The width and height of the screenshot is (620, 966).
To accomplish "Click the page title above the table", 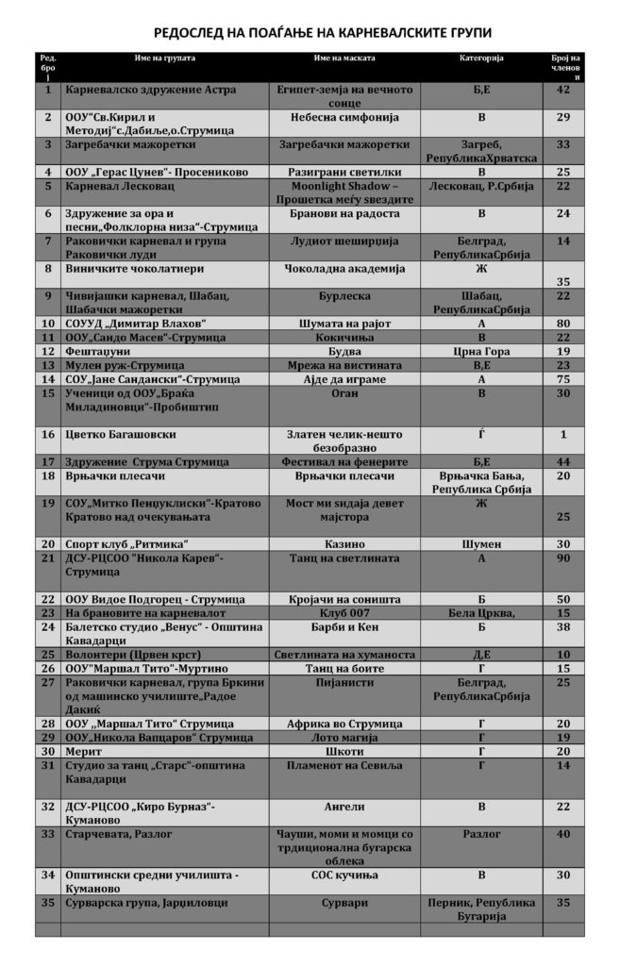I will [x=310, y=31].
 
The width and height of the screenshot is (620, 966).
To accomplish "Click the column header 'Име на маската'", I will [x=344, y=58].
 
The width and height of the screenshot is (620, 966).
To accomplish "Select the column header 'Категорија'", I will [x=481, y=58].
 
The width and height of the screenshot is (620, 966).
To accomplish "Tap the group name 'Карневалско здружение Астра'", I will [x=149, y=90].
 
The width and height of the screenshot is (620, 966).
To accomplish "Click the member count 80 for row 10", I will [x=564, y=324].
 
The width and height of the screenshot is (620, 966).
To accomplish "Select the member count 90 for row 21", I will [x=564, y=558].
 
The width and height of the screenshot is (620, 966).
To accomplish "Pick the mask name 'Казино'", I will [x=344, y=544].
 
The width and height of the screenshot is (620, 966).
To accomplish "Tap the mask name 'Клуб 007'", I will [x=344, y=612].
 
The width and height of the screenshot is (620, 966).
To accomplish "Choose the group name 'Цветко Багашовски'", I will [x=120, y=435].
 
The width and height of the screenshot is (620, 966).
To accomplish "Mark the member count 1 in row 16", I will [x=564, y=435].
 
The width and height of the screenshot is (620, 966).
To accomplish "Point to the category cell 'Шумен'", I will [x=481, y=544].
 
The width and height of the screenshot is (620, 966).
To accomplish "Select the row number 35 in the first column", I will [x=47, y=902].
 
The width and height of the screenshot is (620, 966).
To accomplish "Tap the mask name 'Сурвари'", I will [x=344, y=902].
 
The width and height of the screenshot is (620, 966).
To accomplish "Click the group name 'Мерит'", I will [x=83, y=751].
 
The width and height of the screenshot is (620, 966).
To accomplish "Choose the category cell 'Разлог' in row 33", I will [x=481, y=834].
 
